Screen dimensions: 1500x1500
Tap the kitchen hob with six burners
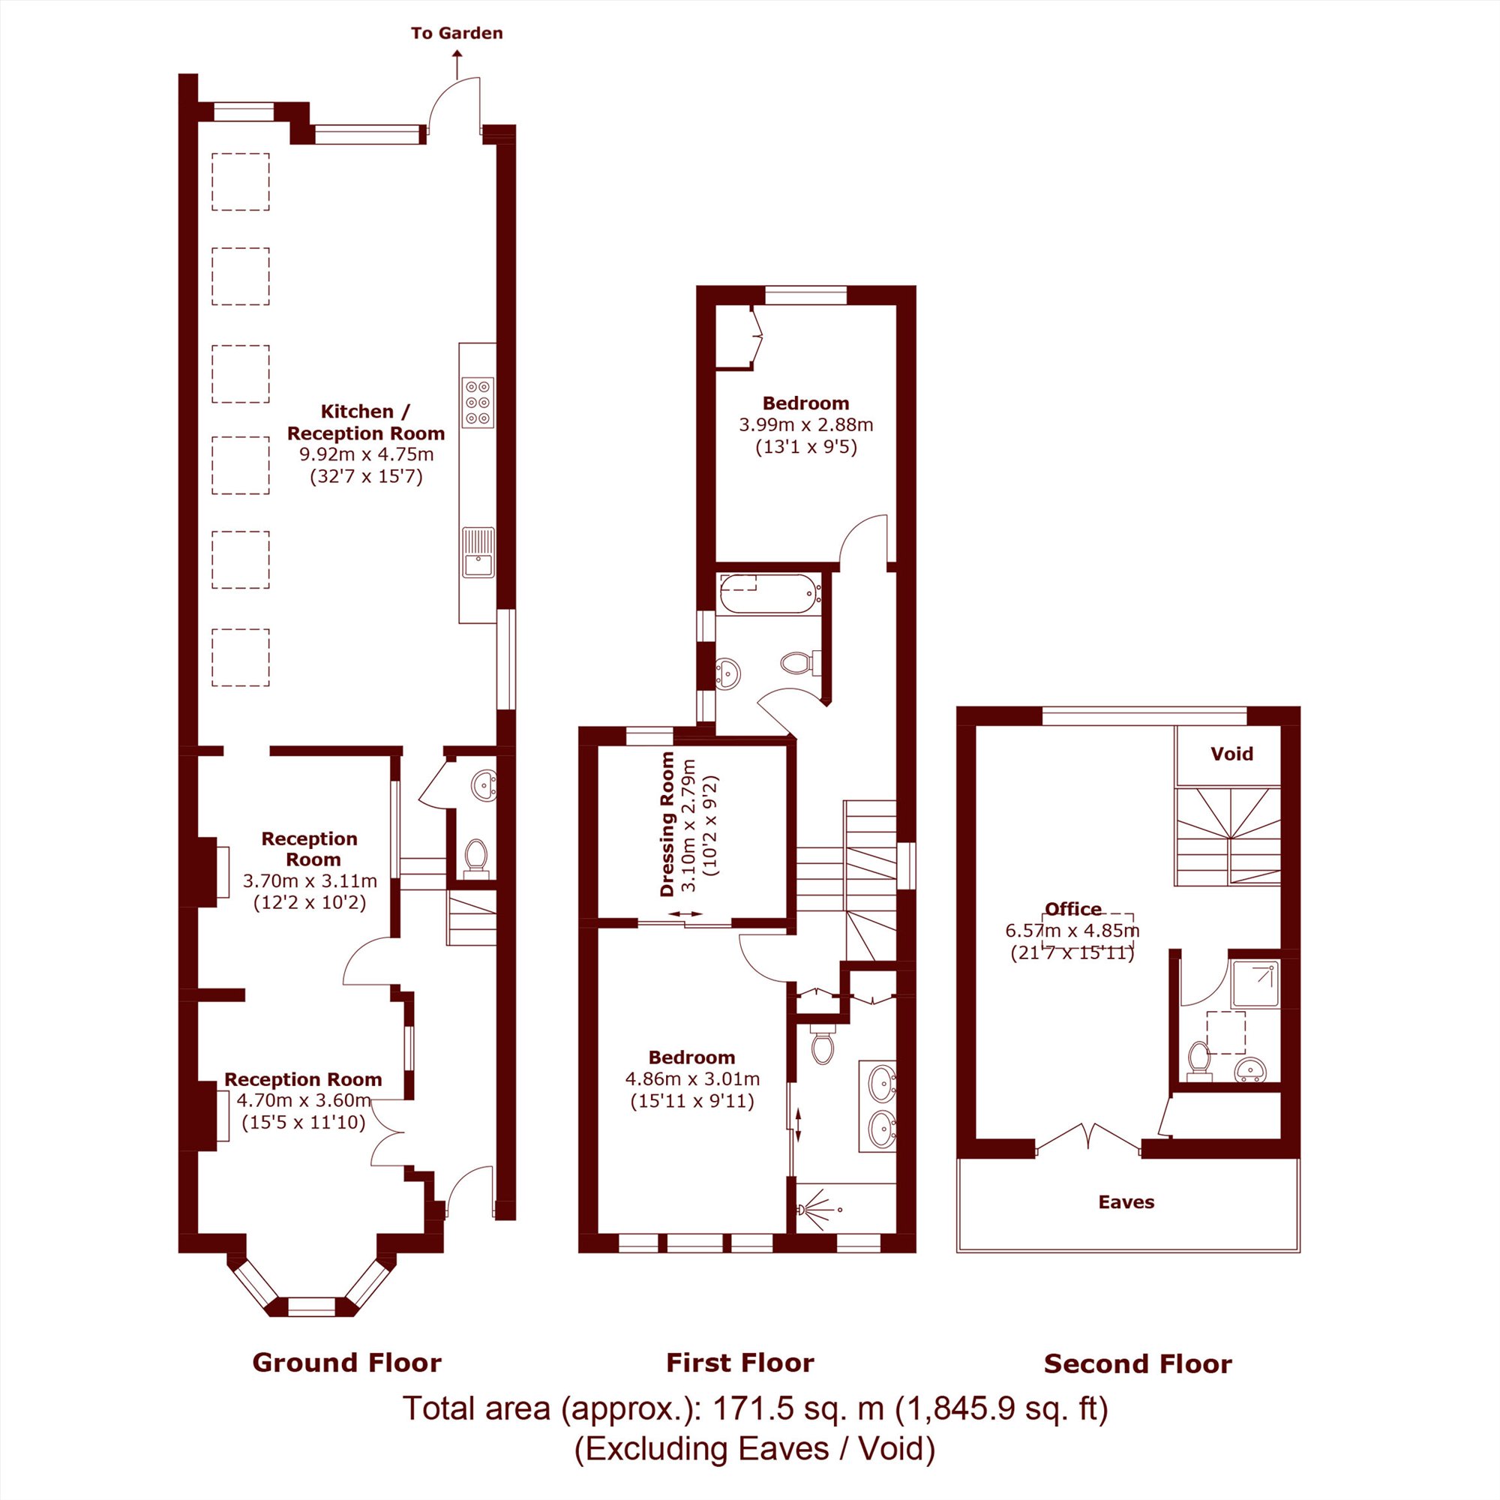478,402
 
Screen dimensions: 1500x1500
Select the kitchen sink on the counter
478,553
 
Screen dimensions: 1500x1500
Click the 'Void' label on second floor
1231,753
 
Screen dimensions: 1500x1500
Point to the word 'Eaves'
1126,1201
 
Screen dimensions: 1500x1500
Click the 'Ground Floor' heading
347,1362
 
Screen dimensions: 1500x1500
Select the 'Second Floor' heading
1138,1363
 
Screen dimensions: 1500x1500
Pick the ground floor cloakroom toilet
475,857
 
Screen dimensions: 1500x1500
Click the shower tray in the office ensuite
1255,984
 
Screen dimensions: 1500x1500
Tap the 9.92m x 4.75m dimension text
367,454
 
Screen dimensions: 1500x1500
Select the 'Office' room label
1073,908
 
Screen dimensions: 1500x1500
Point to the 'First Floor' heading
740,1362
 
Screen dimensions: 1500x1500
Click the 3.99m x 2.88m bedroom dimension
806,424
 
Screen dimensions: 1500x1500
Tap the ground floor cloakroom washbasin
484,785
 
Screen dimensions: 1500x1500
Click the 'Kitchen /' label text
366,412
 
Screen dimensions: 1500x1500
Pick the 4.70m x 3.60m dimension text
304,1100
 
